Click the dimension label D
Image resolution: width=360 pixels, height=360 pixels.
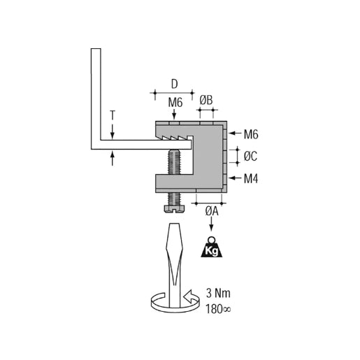coord(174,84)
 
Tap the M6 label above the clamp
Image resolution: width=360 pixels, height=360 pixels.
coord(175,103)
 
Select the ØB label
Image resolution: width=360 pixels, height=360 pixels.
coord(206,101)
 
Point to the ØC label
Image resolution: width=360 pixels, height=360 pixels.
coord(251,155)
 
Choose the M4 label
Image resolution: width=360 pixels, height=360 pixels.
coord(252,178)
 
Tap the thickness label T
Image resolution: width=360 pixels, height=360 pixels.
coord(113,114)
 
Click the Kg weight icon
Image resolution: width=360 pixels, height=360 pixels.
coord(213,247)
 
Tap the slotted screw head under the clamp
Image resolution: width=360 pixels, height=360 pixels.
coord(173,208)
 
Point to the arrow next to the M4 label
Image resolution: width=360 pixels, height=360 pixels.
coord(235,178)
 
